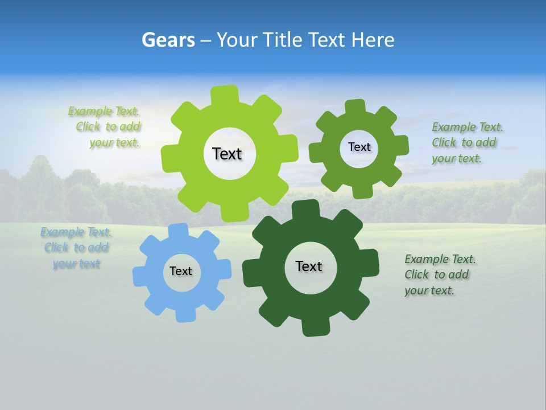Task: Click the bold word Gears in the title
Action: pyautogui.click(x=168, y=40)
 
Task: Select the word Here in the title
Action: pyautogui.click(x=373, y=40)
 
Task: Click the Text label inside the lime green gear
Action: pyautogui.click(x=227, y=154)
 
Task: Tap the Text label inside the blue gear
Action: pyautogui.click(x=181, y=271)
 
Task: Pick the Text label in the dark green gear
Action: pyautogui.click(x=309, y=266)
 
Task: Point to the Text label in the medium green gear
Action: pyautogui.click(x=359, y=147)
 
